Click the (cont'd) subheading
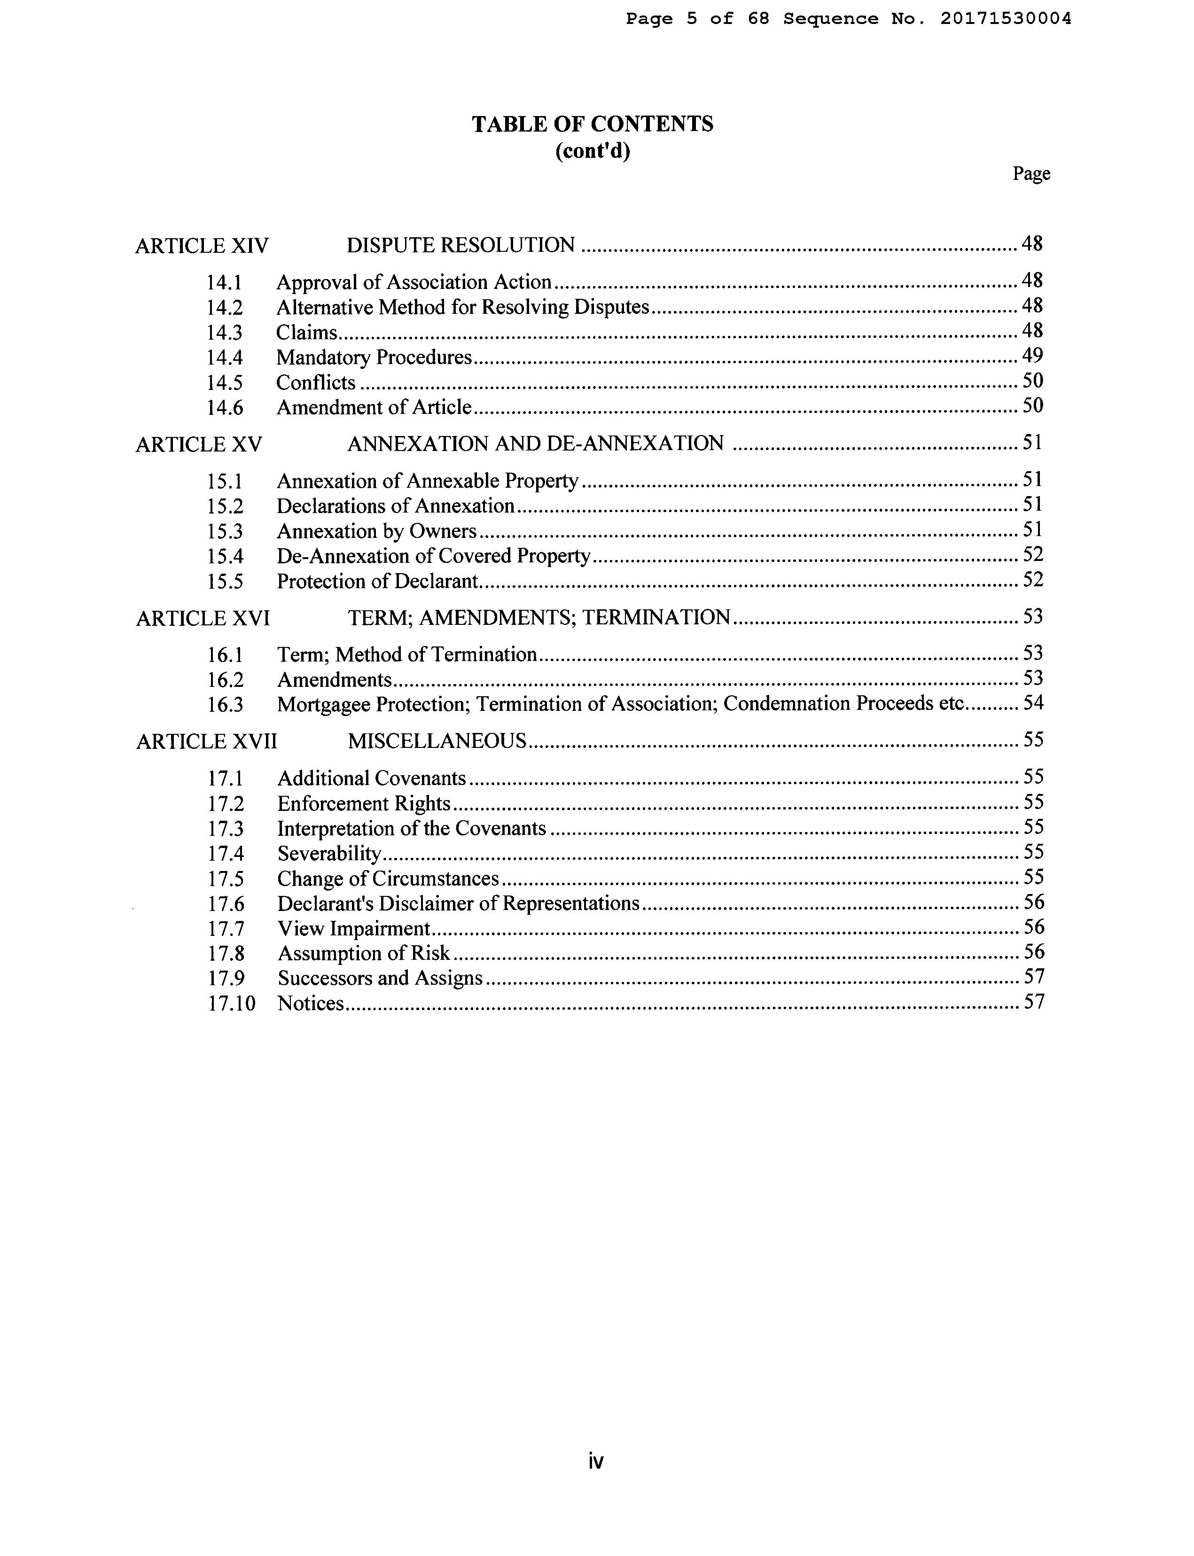point(592,151)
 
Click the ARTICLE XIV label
point(202,246)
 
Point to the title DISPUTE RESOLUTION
point(460,245)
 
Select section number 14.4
point(225,358)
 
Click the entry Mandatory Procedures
point(374,357)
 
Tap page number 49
point(1032,355)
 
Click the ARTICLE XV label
point(199,445)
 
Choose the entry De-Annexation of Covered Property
point(434,556)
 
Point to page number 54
point(1033,703)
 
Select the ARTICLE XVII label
point(206,742)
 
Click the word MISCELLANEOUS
point(437,741)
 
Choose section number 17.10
point(231,1004)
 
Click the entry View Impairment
point(354,929)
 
